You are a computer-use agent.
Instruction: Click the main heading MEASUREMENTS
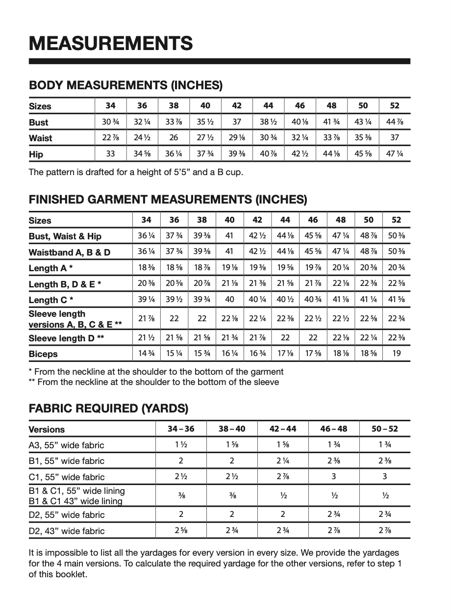click(111, 43)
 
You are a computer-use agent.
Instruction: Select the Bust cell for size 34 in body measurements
click(111, 122)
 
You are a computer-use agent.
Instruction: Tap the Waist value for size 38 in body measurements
click(174, 138)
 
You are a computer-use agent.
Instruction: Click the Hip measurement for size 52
click(395, 154)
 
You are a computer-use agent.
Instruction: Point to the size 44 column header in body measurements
click(268, 106)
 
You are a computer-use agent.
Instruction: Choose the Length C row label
click(51, 300)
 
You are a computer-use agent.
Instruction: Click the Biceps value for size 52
click(397, 354)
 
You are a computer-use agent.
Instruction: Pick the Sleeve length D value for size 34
click(146, 338)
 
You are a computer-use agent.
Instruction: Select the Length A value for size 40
click(229, 268)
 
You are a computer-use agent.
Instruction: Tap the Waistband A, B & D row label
click(70, 252)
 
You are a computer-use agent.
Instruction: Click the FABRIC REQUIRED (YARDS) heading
click(108, 408)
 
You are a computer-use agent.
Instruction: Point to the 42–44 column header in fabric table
click(283, 429)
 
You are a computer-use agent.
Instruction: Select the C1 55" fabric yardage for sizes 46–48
click(333, 476)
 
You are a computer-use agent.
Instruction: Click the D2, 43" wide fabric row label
click(67, 531)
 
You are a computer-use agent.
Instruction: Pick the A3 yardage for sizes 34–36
click(181, 445)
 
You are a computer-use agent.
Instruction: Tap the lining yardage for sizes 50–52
click(385, 495)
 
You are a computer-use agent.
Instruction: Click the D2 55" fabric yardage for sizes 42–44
click(283, 514)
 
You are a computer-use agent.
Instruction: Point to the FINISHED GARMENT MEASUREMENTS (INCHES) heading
click(168, 200)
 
